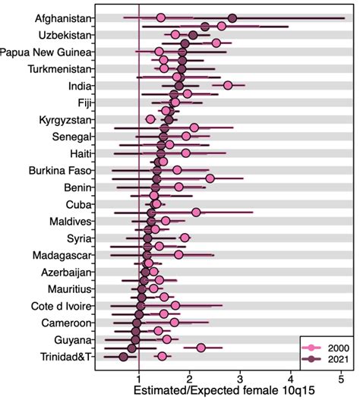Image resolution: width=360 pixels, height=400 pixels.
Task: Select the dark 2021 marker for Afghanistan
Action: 232,17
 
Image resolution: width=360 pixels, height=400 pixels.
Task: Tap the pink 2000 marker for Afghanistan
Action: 161,17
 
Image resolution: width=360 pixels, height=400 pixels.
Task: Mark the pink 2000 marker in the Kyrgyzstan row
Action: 150,120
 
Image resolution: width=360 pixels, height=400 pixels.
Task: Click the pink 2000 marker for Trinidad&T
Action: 162,357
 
